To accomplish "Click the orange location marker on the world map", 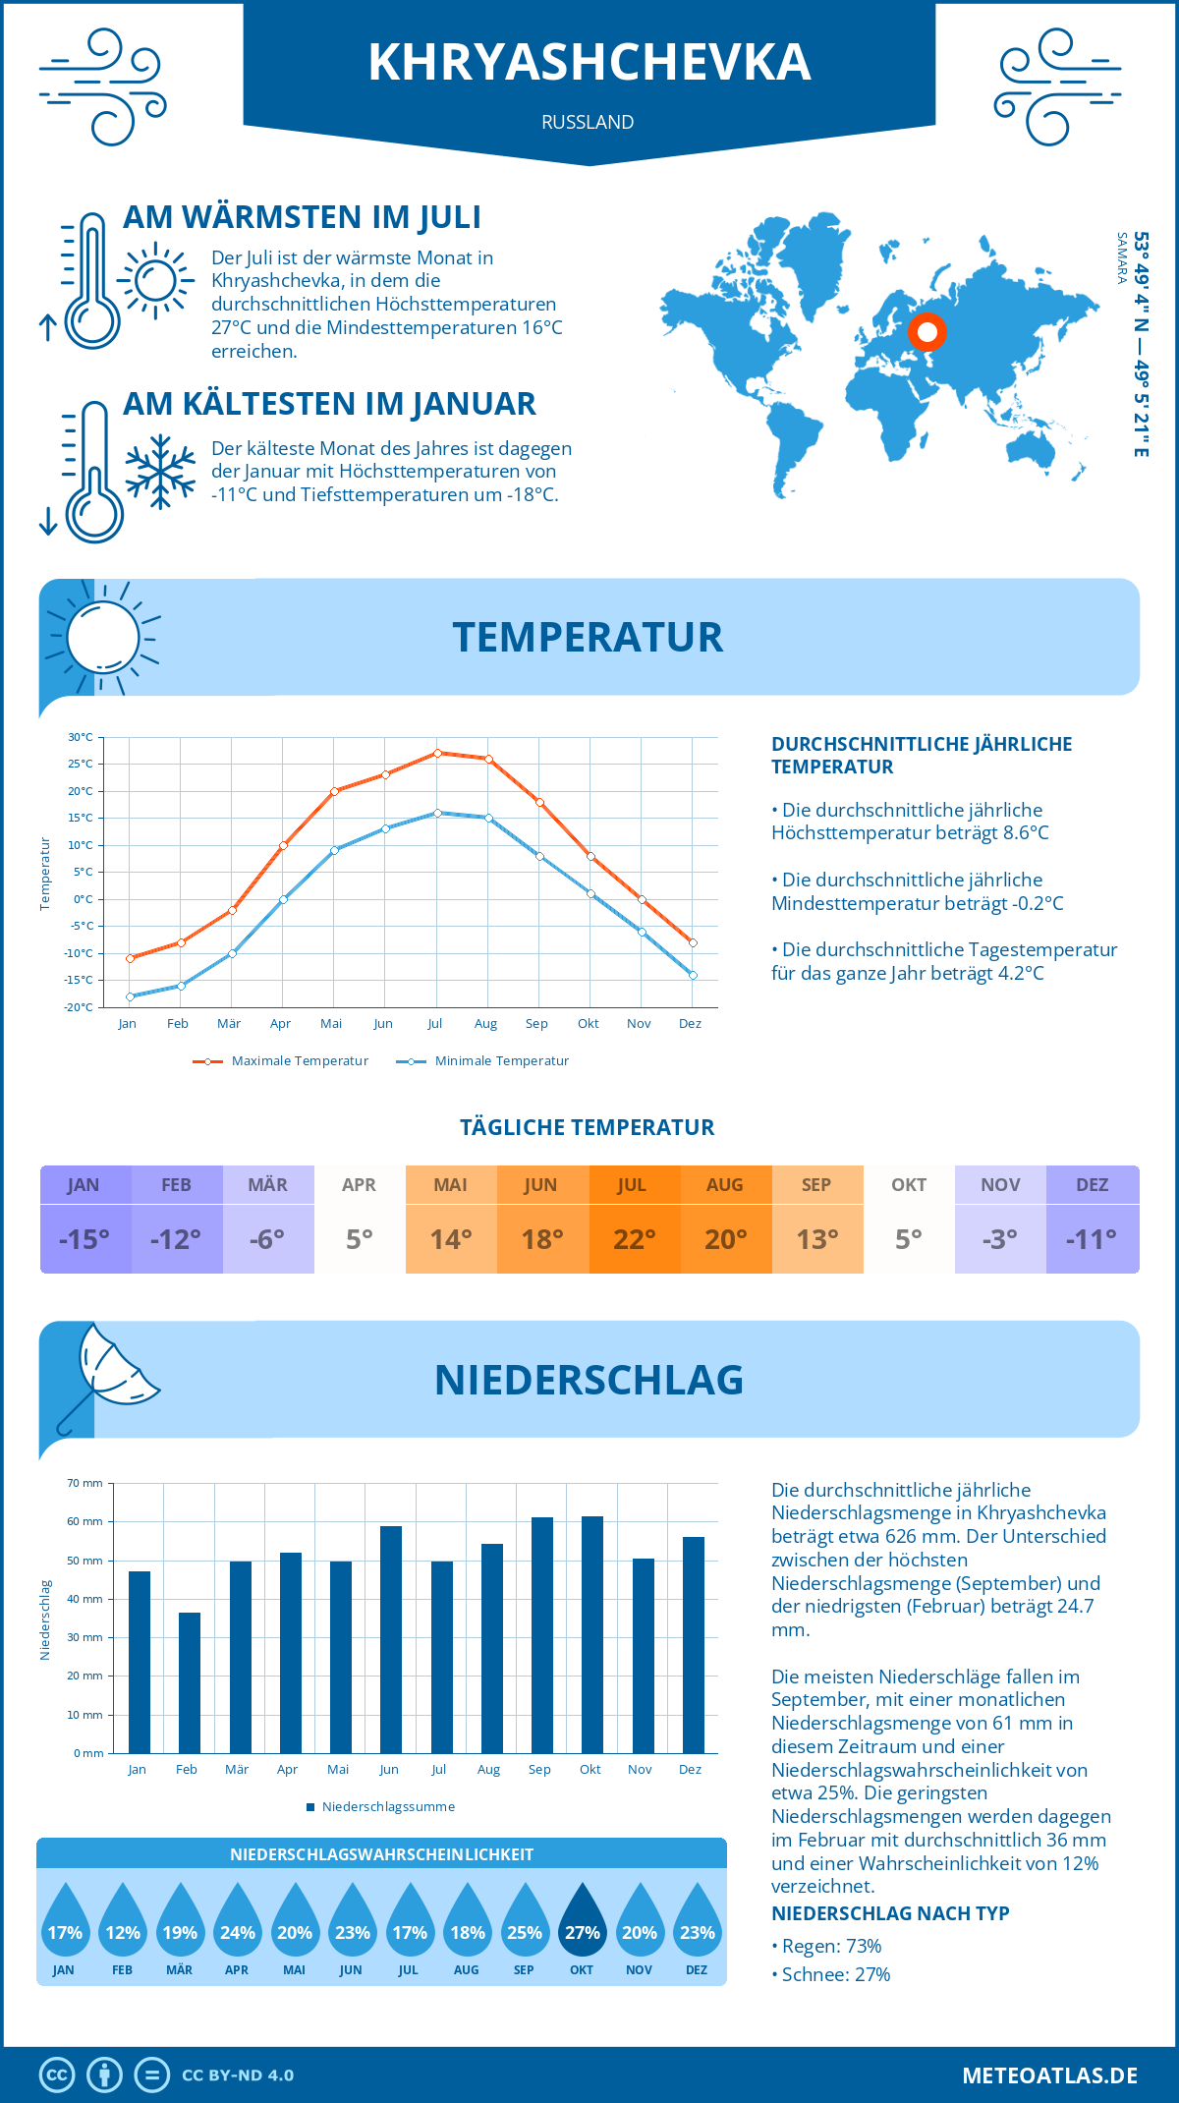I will click(x=926, y=332).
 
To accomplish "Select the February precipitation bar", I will click(x=190, y=1682).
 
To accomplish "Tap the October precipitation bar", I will click(x=592, y=1634).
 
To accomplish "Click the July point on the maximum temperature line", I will click(x=437, y=753).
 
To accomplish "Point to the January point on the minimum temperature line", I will click(x=130, y=996).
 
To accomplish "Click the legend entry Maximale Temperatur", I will click(x=281, y=1061).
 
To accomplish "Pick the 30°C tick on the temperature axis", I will click(x=81, y=737).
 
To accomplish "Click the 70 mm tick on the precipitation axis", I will click(x=85, y=1483).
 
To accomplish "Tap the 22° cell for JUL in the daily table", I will click(x=635, y=1239).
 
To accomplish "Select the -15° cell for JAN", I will click(x=84, y=1239).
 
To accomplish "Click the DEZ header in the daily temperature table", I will click(x=1093, y=1185).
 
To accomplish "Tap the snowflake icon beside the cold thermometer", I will click(x=160, y=472).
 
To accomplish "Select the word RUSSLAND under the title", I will click(x=588, y=122).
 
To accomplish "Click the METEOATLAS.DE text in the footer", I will click(x=1049, y=2075).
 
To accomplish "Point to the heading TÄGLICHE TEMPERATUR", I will click(x=588, y=1127).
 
